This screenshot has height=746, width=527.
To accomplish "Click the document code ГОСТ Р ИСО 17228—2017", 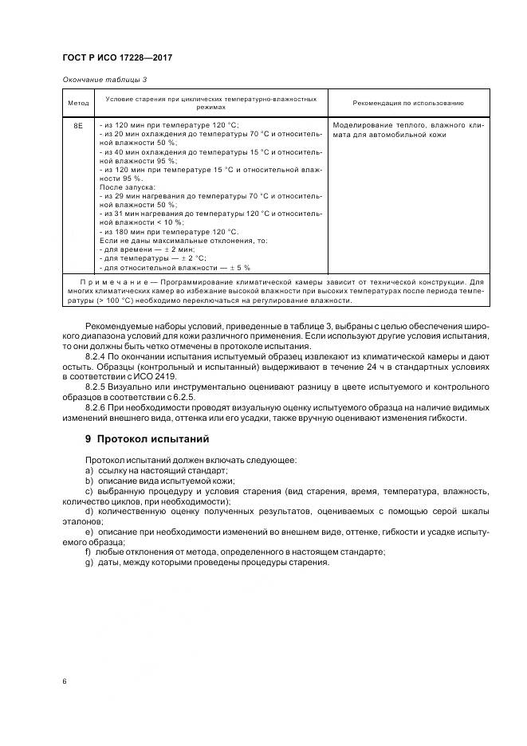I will coord(116,59).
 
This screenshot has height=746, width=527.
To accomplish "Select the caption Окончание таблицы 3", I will coord(104,80).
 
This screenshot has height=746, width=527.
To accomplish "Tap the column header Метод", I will coord(78,103).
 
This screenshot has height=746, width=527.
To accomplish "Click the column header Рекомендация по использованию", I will coord(396,103).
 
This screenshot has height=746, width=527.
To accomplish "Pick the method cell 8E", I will coord(78,126).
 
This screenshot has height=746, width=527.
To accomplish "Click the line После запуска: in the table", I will coord(122,186).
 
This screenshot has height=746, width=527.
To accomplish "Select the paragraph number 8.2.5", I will coord(97,386).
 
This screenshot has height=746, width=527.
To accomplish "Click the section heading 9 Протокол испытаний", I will coord(147,438).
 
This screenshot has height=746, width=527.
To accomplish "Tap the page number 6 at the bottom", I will coord(64,681).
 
